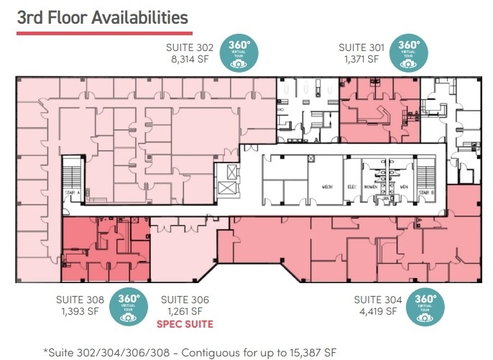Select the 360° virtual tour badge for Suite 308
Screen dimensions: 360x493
[x=128, y=306]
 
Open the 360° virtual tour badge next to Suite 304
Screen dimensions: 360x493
[x=425, y=306]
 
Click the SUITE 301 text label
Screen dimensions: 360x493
[x=361, y=48]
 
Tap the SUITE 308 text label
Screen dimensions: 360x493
[x=80, y=300]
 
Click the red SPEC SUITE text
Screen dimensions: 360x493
[x=185, y=324]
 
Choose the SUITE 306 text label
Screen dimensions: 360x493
[x=185, y=300]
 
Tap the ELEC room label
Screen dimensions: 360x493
[x=352, y=187]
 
